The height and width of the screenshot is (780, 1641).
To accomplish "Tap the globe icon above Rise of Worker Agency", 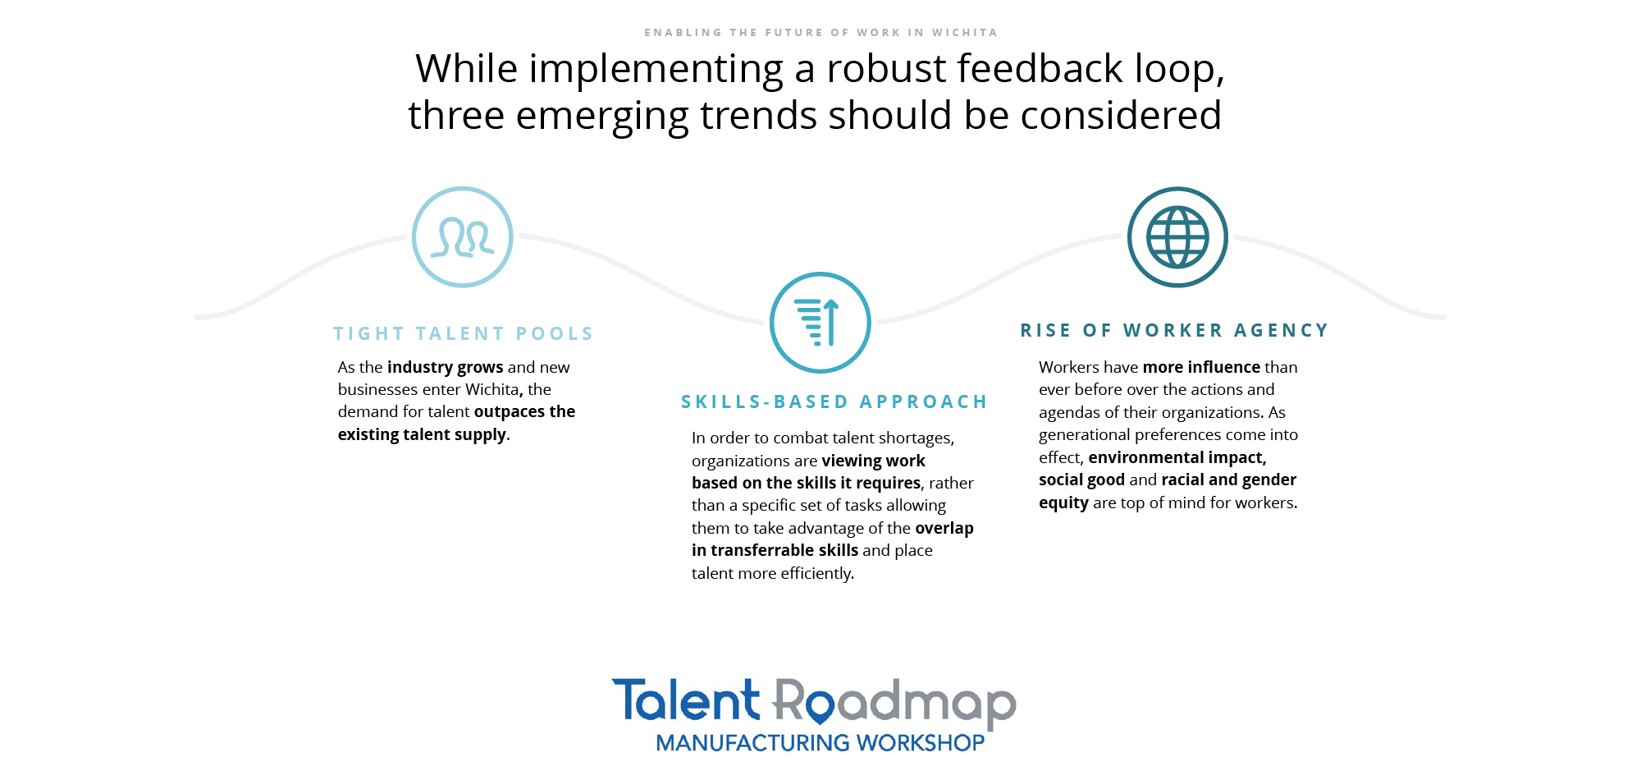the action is [x=1177, y=237].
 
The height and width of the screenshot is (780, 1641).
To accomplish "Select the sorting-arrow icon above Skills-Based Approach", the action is [x=820, y=323].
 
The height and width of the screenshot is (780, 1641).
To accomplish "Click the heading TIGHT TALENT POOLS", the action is [x=464, y=333].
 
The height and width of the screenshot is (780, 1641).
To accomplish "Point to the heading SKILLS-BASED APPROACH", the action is [x=834, y=401].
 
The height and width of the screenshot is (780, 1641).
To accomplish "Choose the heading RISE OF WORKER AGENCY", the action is [x=1174, y=330].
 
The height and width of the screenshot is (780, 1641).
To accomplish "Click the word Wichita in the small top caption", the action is [x=965, y=33].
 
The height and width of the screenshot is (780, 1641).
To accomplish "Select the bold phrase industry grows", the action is [x=446, y=367].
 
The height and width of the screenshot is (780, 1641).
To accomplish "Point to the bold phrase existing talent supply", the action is [x=422, y=434].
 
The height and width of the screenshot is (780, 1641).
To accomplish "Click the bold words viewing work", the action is [x=874, y=461].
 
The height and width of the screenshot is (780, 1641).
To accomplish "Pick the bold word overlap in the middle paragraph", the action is [x=944, y=528].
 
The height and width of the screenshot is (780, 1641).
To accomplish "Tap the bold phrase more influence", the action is [x=1201, y=367].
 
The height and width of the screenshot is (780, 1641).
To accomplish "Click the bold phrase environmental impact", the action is [x=1177, y=457].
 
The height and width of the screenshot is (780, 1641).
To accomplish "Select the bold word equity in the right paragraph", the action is [x=1063, y=502].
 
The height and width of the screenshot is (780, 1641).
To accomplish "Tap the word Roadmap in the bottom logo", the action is [x=894, y=703].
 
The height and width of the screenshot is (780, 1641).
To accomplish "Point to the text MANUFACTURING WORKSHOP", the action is [x=820, y=743].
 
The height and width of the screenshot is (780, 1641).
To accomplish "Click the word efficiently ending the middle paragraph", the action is [x=817, y=573].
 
